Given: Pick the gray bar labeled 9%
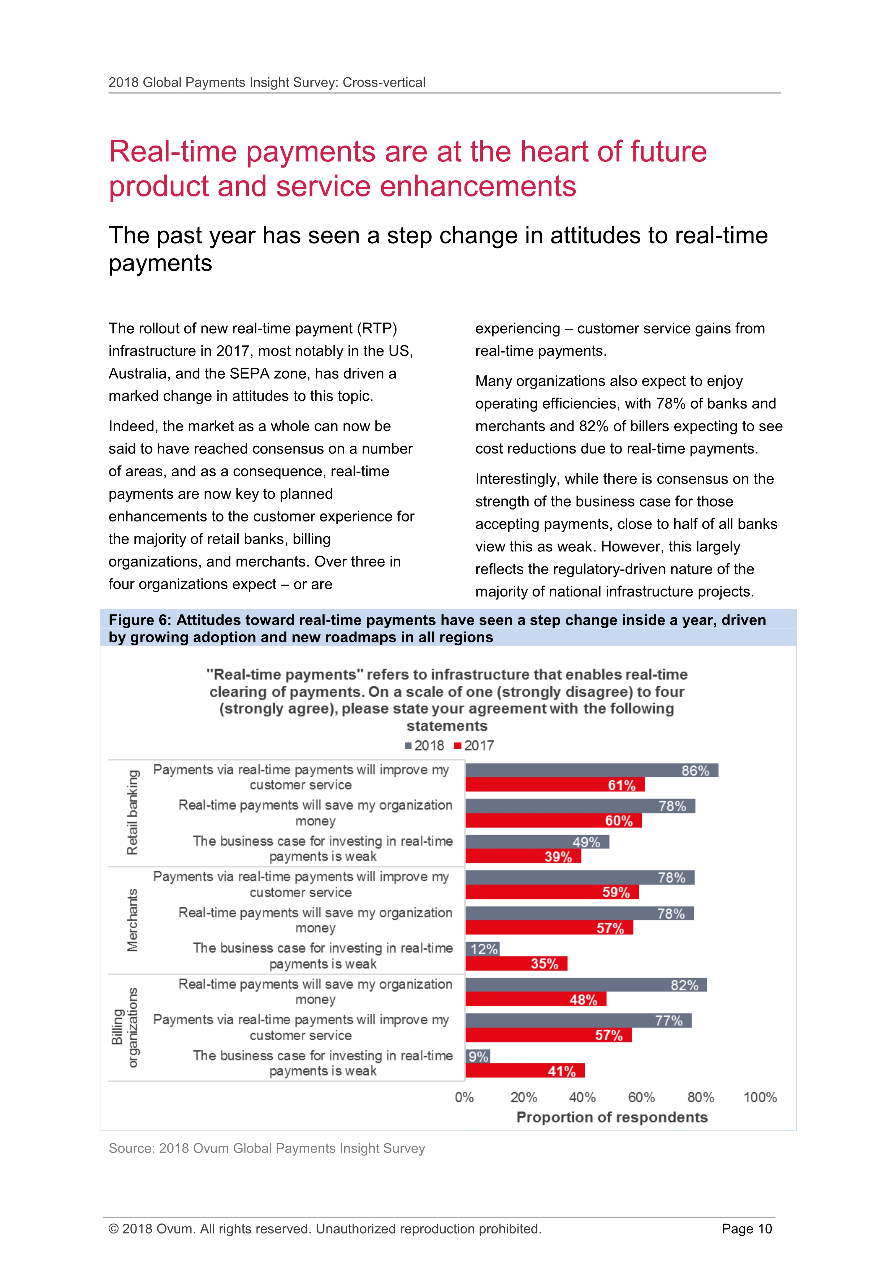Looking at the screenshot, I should [478, 1056].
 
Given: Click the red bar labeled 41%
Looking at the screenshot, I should [525, 1071].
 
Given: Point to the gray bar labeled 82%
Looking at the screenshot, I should [586, 985].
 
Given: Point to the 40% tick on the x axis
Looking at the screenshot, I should [582, 1097].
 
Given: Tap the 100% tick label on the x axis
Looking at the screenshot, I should [760, 1097].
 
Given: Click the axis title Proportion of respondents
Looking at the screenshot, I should [612, 1117].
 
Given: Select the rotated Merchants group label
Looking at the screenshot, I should [133, 920].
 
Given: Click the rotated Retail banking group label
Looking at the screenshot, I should [133, 812].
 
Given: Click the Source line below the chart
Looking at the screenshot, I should [267, 1148].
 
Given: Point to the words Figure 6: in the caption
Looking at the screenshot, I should [140, 620].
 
